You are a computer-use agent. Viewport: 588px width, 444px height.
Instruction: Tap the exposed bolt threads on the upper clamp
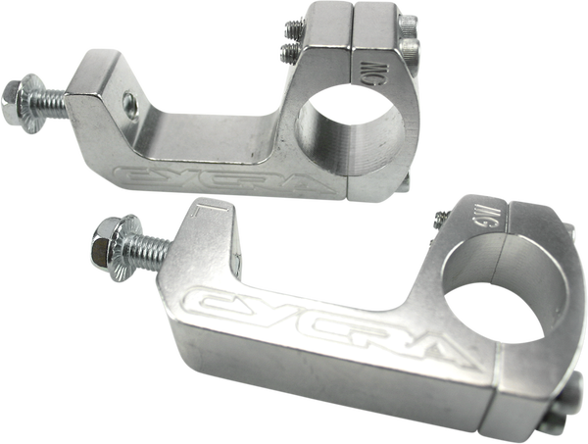pos(55,95)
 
